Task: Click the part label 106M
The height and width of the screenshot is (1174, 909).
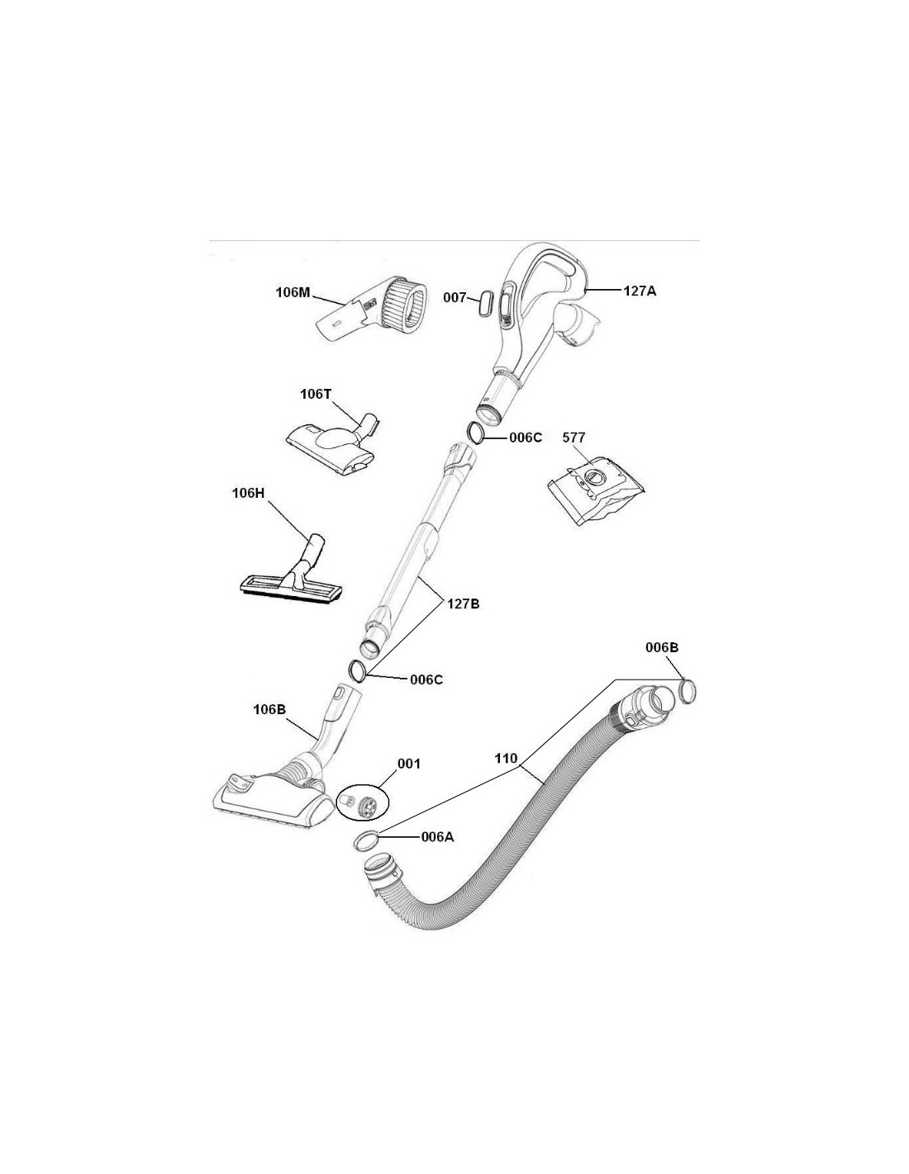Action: tap(293, 292)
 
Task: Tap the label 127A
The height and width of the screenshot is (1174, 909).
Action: tap(640, 291)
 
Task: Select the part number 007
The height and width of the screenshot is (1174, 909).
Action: tap(454, 297)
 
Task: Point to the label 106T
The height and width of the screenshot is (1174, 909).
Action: tap(315, 394)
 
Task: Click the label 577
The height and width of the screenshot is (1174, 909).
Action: tap(573, 437)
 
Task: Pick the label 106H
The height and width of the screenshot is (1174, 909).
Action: tap(248, 493)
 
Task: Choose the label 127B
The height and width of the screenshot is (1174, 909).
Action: tap(464, 604)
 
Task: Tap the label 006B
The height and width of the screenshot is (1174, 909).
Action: tap(662, 647)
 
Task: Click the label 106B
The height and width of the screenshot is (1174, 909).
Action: tap(269, 709)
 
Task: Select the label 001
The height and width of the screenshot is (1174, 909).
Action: tap(409, 764)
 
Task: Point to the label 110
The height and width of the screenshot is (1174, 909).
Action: tap(506, 758)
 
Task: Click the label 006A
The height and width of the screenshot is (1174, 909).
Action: tap(437, 837)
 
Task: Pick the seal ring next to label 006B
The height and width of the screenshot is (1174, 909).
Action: tap(687, 692)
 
